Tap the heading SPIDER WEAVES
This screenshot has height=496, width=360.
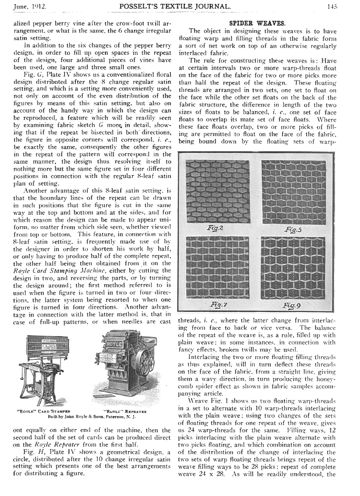click(x=257, y=23)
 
